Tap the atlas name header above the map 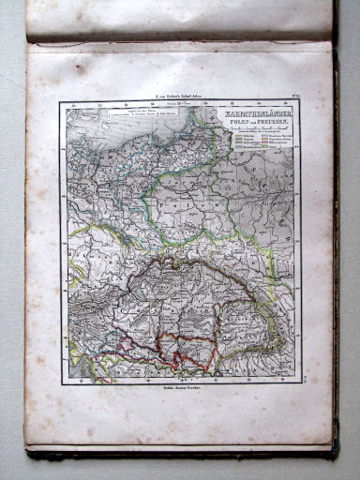point(178,95)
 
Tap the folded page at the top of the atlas point(178,21)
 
